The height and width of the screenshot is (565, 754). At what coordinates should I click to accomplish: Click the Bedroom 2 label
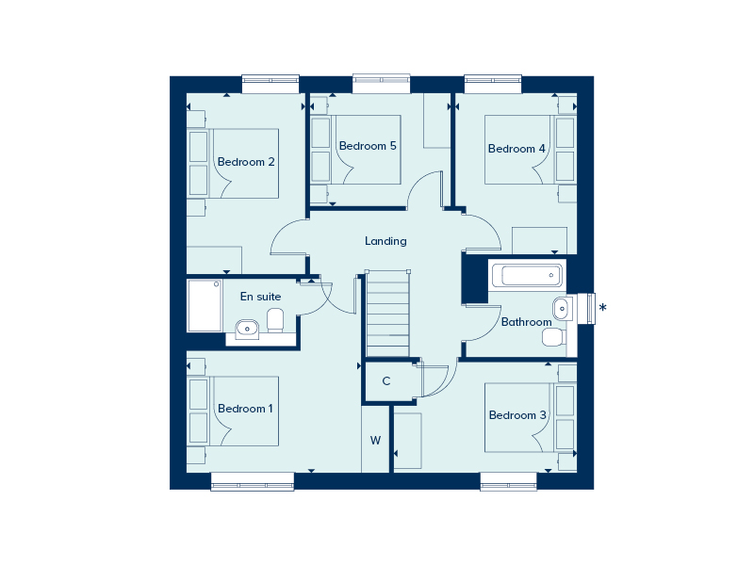point(246,162)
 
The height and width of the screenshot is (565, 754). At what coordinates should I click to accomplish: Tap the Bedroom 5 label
point(368,146)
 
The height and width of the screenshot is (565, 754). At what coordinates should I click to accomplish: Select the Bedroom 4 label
point(516,149)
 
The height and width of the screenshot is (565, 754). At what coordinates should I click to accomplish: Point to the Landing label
point(385,241)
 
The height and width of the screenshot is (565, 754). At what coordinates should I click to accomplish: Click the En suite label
point(260,297)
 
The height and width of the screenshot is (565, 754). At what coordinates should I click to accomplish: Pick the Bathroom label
point(526,322)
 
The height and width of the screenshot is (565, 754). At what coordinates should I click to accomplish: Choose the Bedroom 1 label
point(245,409)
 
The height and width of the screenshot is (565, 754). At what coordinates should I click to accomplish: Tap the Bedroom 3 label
point(517,415)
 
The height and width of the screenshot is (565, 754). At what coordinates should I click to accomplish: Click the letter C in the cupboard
point(386,381)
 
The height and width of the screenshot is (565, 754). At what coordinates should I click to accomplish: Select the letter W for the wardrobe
point(375,440)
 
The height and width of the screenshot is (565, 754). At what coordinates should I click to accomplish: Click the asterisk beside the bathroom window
point(603,308)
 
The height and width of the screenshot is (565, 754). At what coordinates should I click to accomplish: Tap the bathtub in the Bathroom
point(526,276)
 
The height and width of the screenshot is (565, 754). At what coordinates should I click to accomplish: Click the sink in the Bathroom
point(562,306)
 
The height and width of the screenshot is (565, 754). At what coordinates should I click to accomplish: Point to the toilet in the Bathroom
point(553,336)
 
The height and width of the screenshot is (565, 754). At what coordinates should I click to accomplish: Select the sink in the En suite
point(246,328)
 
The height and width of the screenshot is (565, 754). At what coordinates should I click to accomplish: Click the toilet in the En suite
point(275,320)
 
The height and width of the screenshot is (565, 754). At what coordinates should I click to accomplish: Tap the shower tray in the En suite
point(205,306)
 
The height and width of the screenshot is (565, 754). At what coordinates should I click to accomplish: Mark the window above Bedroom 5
point(382,84)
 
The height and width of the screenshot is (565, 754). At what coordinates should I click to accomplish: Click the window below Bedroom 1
point(252,481)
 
